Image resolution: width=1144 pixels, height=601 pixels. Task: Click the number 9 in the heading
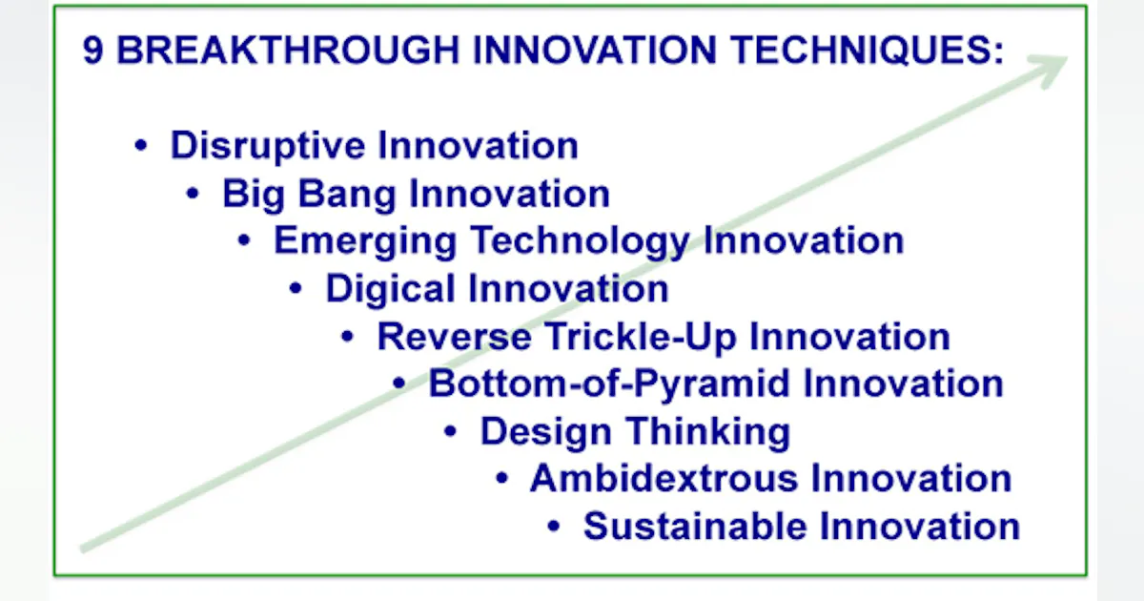[92, 51]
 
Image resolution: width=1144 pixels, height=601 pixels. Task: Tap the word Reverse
[454, 336]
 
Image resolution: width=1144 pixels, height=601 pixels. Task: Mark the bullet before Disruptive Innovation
[142, 147]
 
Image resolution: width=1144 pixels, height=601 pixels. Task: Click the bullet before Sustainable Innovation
[555, 527]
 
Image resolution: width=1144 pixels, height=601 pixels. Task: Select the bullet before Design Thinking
[451, 431]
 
